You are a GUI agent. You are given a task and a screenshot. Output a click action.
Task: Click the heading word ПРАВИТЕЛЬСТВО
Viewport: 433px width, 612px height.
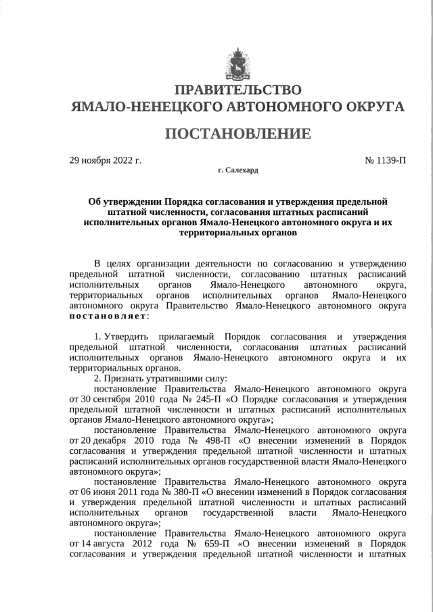pyautogui.click(x=237, y=90)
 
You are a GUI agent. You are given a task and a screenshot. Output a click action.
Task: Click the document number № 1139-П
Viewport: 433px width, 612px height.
pyautogui.click(x=386, y=160)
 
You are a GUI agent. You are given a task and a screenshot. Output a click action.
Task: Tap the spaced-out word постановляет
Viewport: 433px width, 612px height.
pyautogui.click(x=108, y=316)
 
